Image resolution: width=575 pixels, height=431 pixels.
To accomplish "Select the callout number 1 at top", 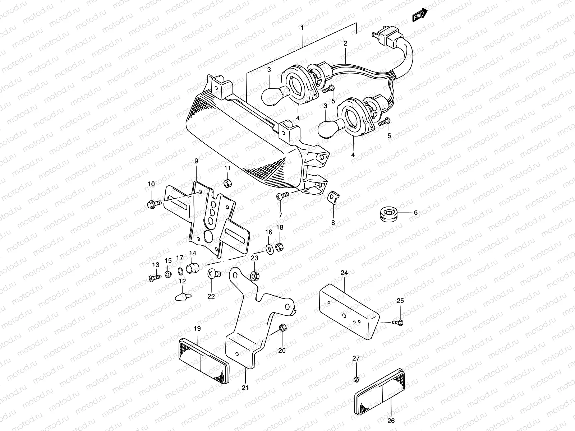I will click(302, 28).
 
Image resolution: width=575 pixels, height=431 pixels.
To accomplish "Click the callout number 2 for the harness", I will click(345, 43).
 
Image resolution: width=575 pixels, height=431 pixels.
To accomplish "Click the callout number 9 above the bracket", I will click(196, 162).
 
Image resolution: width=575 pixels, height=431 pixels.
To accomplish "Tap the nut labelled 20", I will click(282, 328).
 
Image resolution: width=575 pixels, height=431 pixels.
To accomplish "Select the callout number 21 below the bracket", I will click(245, 388).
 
